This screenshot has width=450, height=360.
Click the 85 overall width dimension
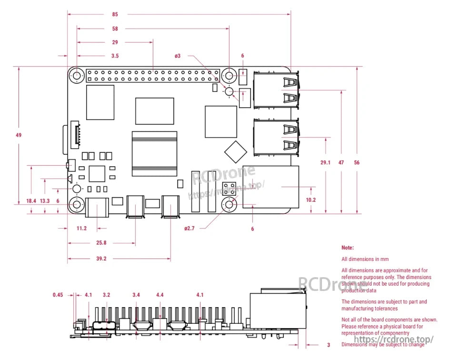click(x=115, y=14)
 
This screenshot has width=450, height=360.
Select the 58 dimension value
click(x=115, y=29)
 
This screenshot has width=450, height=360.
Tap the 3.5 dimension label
click(x=115, y=56)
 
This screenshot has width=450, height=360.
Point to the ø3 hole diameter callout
click(x=177, y=56)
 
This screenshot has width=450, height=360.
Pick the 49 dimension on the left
click(x=19, y=135)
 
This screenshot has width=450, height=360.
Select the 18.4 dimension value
click(x=31, y=201)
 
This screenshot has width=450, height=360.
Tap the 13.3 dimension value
click(x=45, y=201)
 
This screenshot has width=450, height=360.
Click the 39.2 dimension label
click(x=101, y=259)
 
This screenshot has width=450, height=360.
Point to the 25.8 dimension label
click(x=101, y=243)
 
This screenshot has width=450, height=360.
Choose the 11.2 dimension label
click(x=81, y=229)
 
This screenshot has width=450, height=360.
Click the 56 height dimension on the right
click(x=357, y=162)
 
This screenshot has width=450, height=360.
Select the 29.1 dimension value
click(x=325, y=162)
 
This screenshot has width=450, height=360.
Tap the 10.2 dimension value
click(x=310, y=200)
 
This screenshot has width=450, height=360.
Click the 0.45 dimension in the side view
click(x=58, y=295)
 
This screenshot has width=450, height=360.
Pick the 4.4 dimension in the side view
click(x=160, y=295)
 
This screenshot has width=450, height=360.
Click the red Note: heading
click(x=348, y=248)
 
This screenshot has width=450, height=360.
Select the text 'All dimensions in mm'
click(x=365, y=259)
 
